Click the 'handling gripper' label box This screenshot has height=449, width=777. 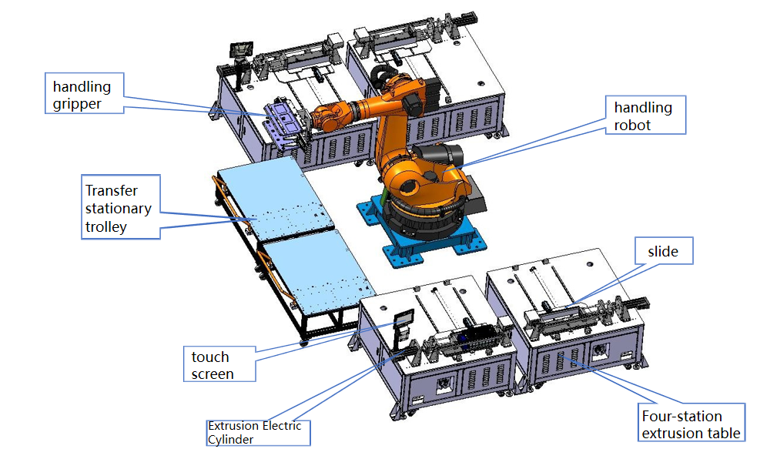click(83, 94)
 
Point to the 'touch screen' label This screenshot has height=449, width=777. click(220, 366)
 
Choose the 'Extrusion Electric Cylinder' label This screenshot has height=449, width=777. click(257, 432)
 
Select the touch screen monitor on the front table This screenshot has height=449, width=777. click(404, 319)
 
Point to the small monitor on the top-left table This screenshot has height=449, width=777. click(239, 49)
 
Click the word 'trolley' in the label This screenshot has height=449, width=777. click(106, 226)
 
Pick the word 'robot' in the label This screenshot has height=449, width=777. click(632, 125)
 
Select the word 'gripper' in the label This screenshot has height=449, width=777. click(77, 104)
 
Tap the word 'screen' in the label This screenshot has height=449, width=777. click(213, 374)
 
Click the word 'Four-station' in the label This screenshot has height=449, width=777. click(682, 416)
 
